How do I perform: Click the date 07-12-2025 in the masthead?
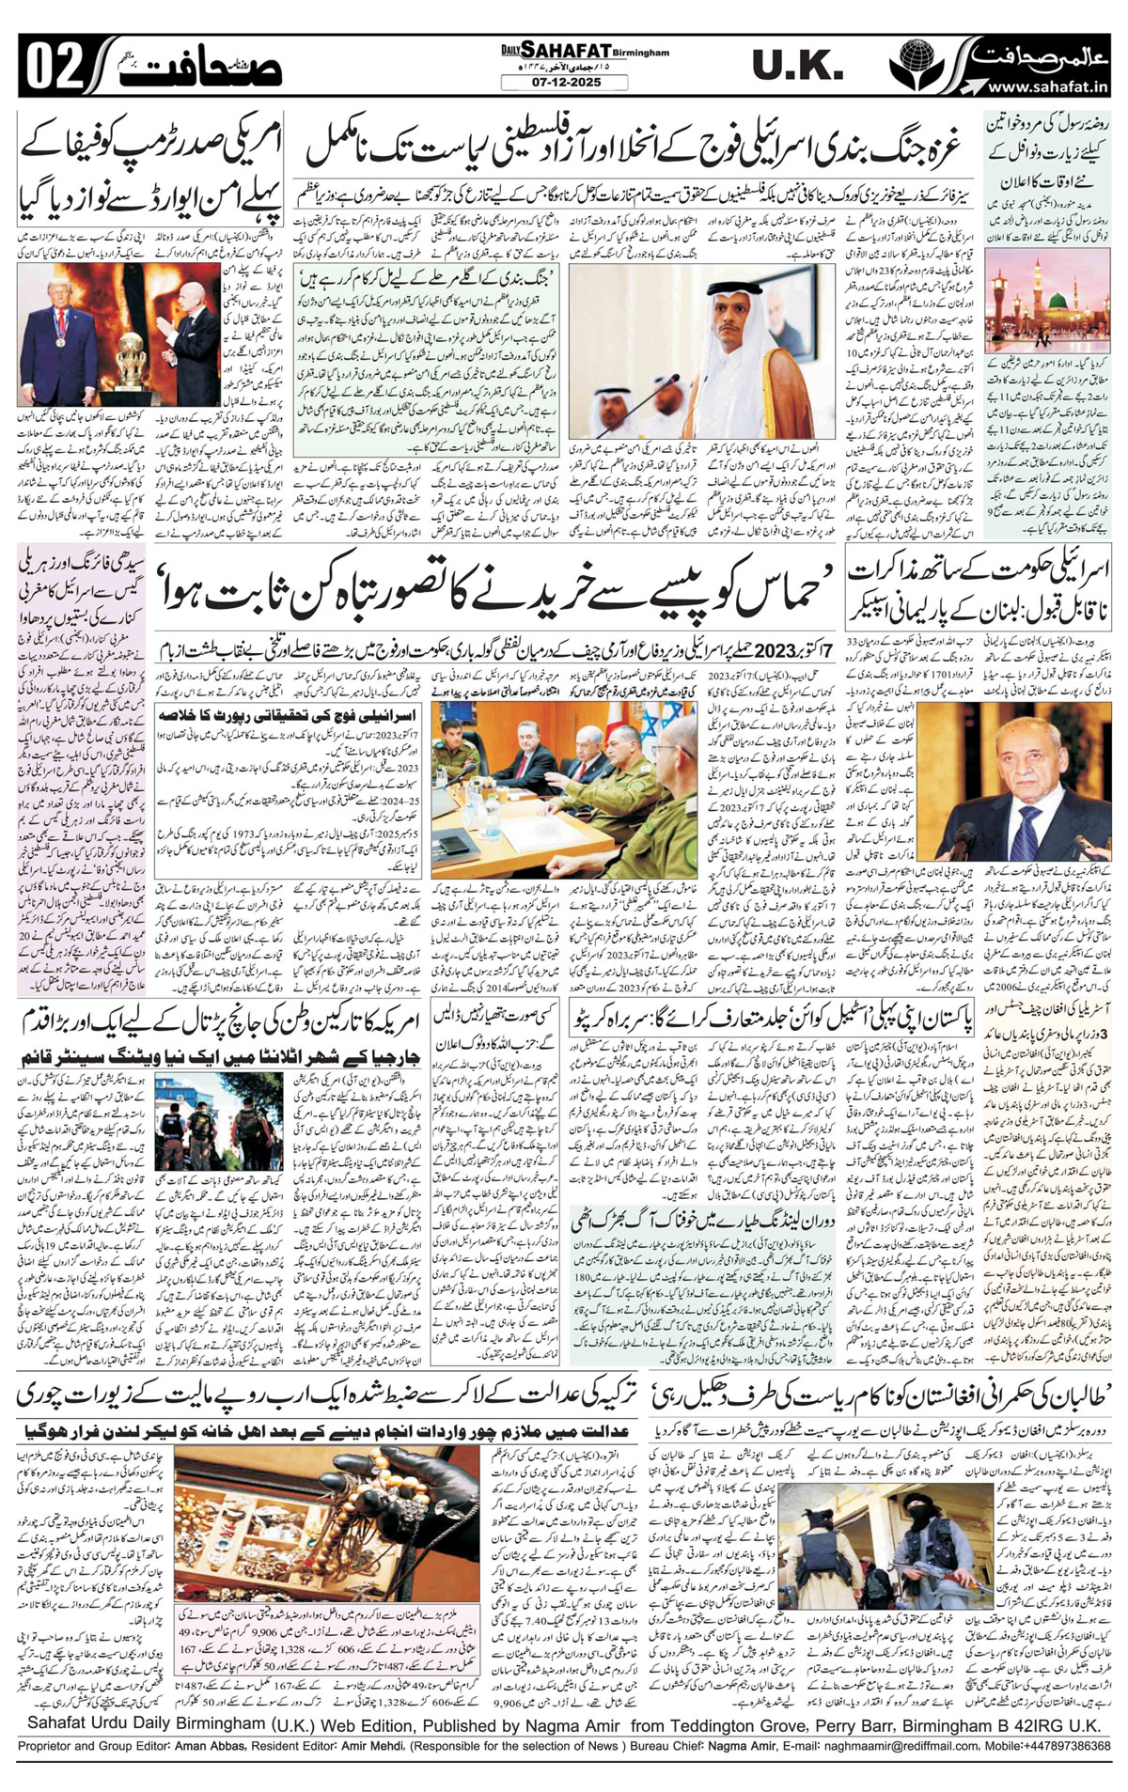tap(563, 83)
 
